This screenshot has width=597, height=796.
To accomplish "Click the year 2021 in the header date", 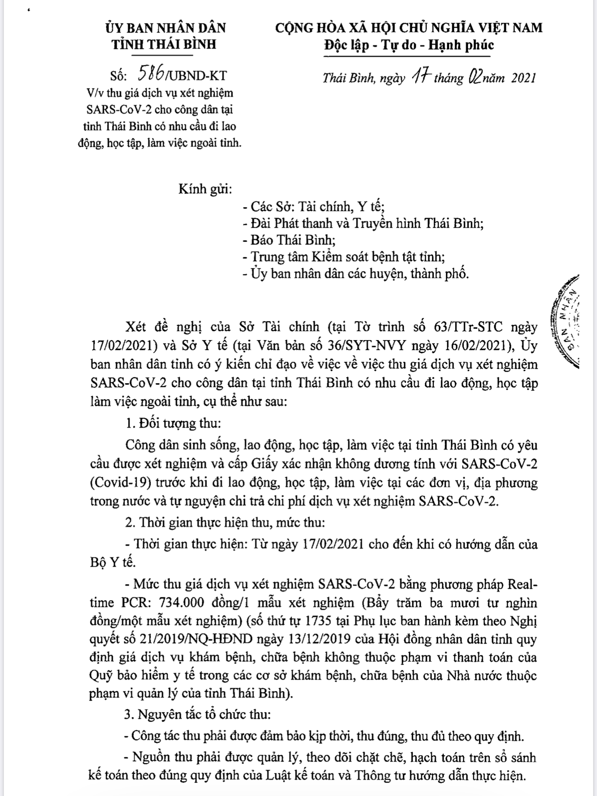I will pos(523,78).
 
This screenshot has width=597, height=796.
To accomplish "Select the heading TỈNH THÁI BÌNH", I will pos(164,44).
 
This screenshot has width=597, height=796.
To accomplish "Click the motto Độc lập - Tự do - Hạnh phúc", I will pos(409,45).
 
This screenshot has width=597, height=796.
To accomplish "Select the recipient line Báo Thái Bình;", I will pos(289,240).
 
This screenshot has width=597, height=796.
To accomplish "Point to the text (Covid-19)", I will pos(120,483).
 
